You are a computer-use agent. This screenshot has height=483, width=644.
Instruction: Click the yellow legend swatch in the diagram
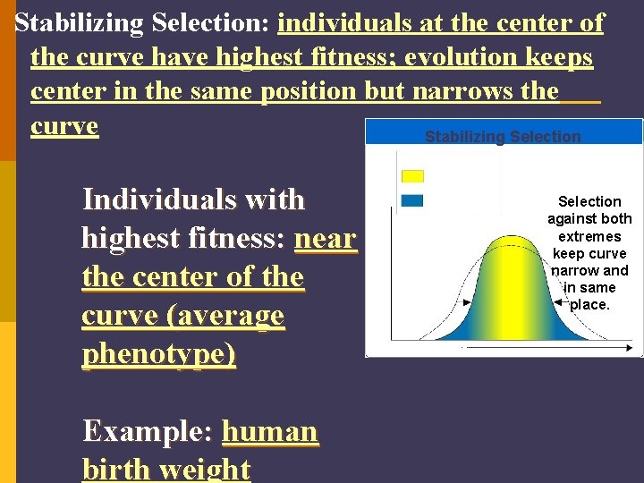point(412,176)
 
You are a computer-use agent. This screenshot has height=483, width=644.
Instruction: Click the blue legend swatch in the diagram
point(412,201)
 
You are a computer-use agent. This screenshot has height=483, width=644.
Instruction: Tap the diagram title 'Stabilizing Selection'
point(503,137)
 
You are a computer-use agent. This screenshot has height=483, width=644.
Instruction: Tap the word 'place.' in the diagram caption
point(589,304)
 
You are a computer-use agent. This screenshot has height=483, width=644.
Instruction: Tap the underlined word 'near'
point(325,238)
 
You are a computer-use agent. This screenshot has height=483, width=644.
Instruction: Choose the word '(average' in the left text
point(228,316)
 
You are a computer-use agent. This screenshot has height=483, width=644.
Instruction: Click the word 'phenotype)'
point(158,354)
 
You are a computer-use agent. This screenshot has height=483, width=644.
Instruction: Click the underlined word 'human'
point(269,431)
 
